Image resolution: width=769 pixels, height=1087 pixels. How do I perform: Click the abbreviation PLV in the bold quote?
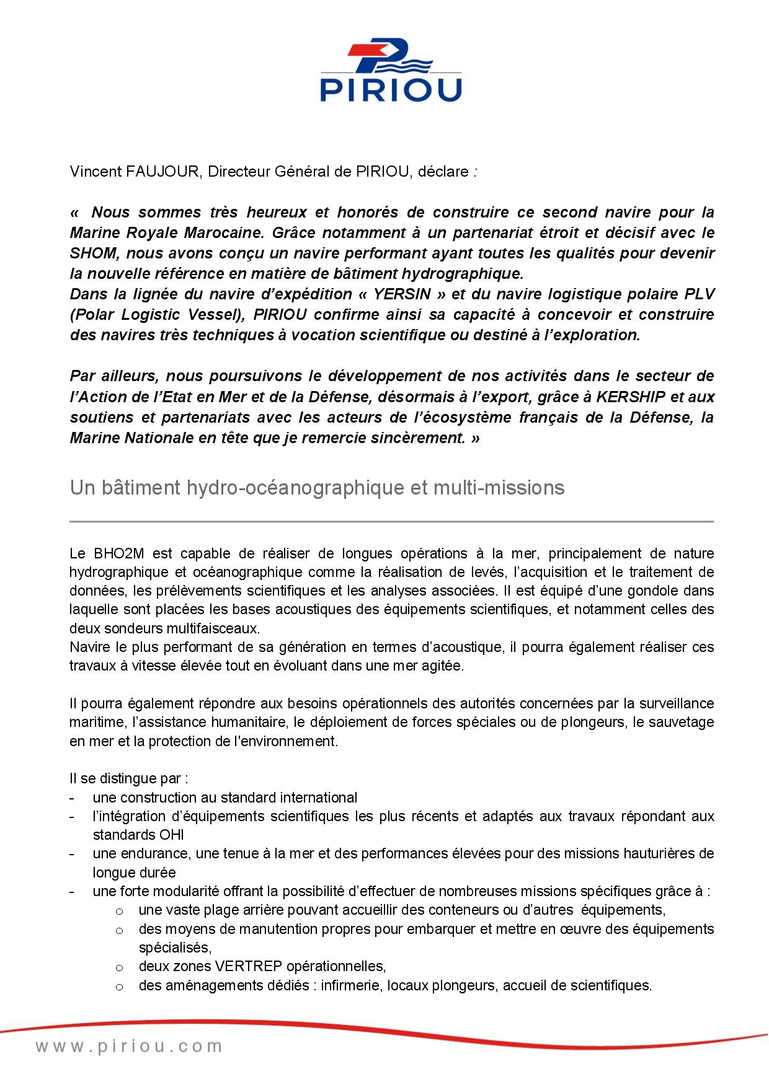698,294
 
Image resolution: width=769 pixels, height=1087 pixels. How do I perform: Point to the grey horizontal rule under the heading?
391,522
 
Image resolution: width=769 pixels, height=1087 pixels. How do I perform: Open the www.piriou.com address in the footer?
129,1047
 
